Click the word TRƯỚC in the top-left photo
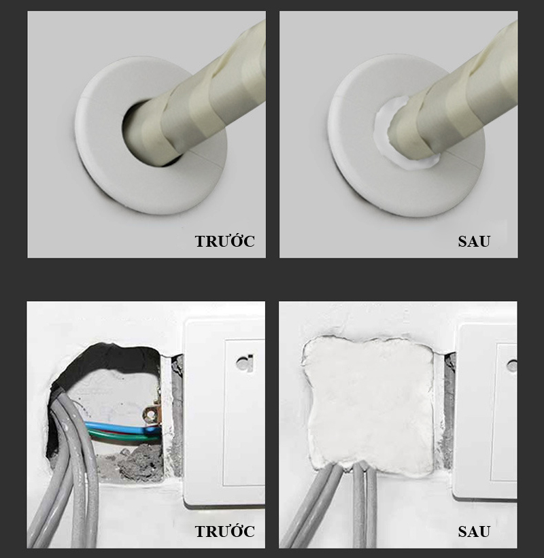(224, 241)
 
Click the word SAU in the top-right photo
(474, 241)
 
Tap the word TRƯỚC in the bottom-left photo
(224, 531)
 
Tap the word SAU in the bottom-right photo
(474, 531)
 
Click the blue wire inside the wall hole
(121, 428)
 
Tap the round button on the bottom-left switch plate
(245, 364)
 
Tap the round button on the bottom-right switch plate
(512, 366)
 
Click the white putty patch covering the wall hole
(369, 404)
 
